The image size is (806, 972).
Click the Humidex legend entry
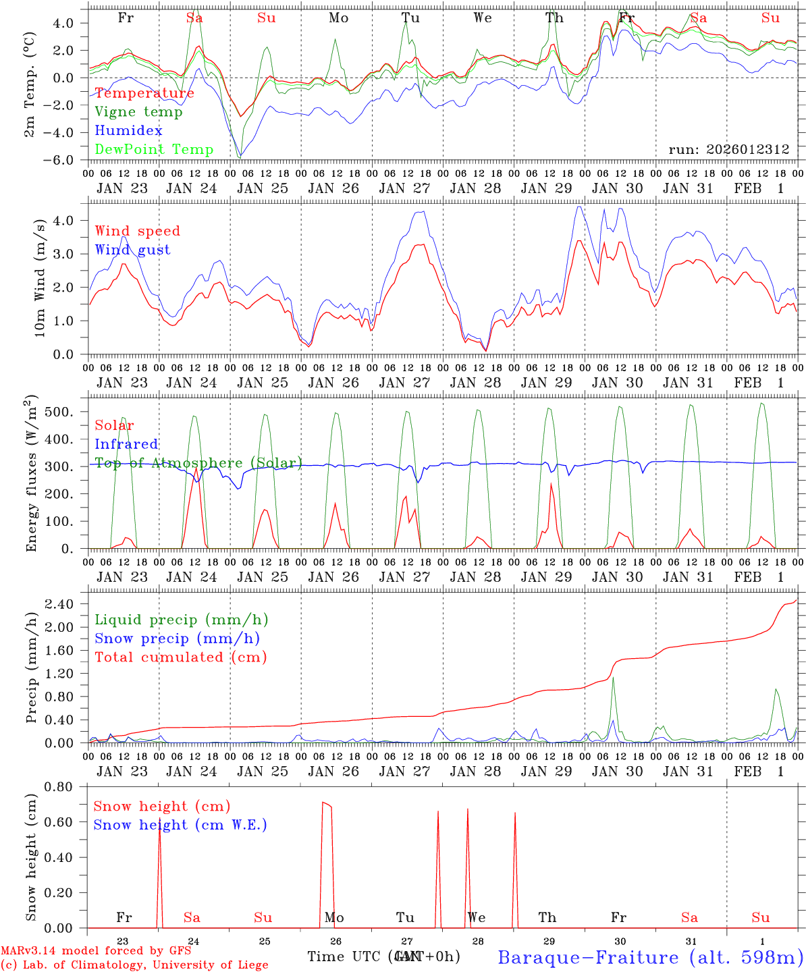coord(128,131)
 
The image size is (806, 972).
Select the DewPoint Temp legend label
coord(154,150)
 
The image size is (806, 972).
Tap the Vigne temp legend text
coord(138,112)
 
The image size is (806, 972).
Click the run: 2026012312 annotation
coord(728,150)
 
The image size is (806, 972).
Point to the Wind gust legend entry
coord(132,250)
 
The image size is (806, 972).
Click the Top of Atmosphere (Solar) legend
coord(198,463)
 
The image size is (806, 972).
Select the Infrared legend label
coord(126,444)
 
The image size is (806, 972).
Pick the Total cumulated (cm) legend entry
coord(180,657)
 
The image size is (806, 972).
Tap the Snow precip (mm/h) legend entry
coord(177,639)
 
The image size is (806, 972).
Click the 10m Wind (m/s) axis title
coord(40,277)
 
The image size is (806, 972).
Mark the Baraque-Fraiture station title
coord(650,957)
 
